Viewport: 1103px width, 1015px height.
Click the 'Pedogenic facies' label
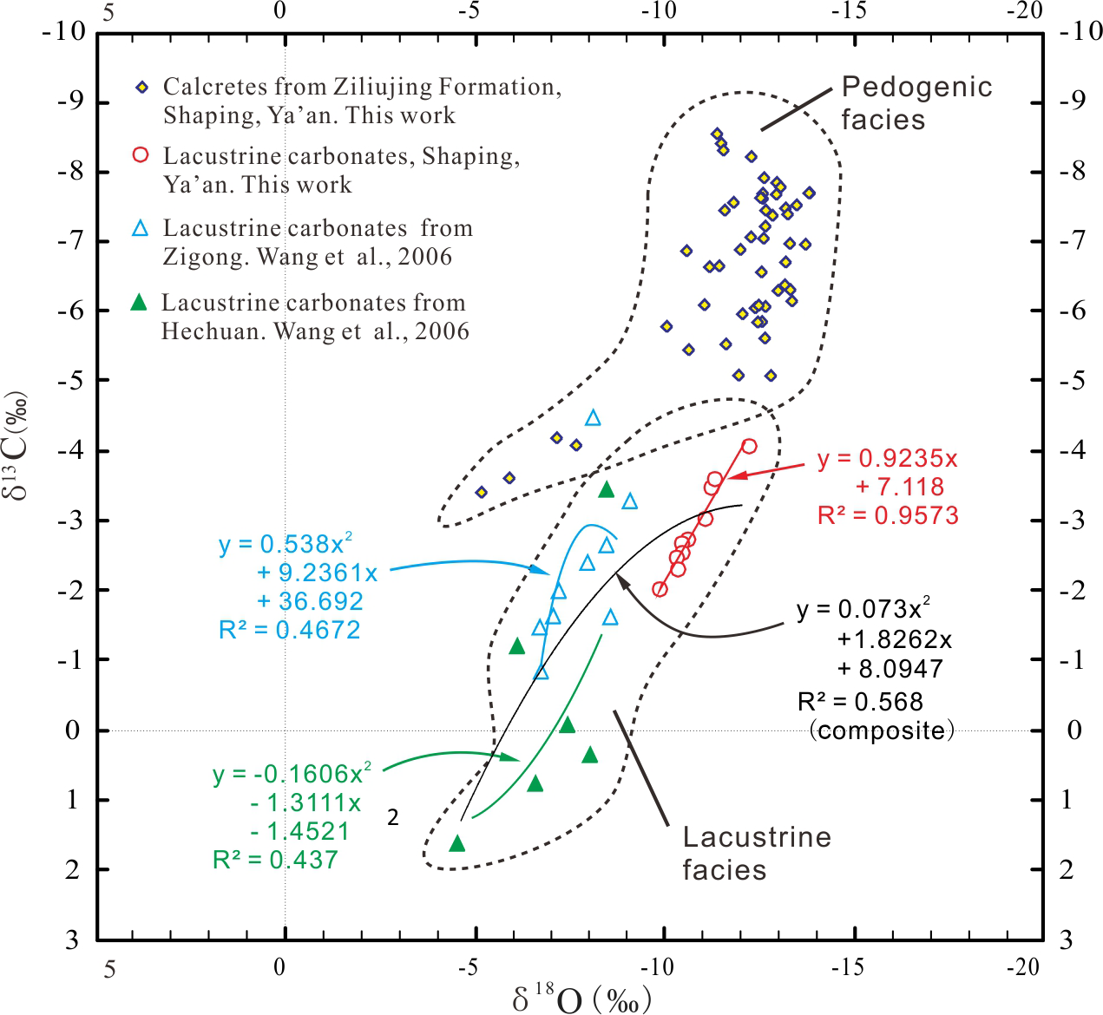[916, 102]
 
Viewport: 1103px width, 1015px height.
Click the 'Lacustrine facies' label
[756, 853]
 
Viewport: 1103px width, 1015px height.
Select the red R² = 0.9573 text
[888, 515]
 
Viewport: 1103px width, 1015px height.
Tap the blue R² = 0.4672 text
[289, 630]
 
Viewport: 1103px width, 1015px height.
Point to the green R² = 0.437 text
[275, 860]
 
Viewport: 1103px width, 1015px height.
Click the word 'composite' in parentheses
[881, 730]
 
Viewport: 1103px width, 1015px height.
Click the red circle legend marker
[141, 155]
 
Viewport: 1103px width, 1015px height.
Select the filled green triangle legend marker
[138, 302]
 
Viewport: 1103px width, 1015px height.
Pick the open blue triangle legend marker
[141, 228]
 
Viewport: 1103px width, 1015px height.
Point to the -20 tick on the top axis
[1025, 11]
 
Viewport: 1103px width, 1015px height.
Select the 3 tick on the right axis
[1067, 940]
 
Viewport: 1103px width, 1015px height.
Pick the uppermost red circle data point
[749, 446]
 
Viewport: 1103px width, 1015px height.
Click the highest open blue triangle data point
[593, 418]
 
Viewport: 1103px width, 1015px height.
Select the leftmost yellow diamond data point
[481, 492]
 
